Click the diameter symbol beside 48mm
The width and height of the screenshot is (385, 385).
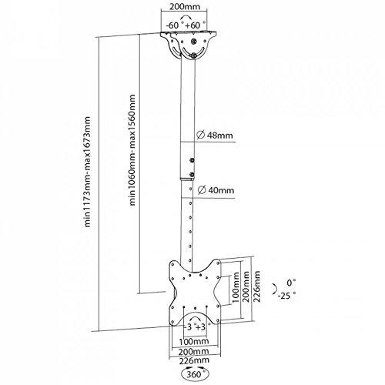click(201, 136)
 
